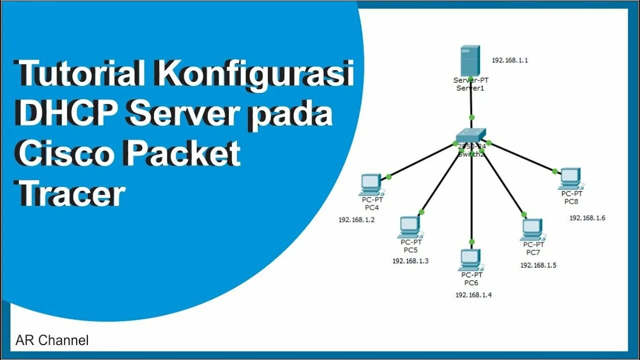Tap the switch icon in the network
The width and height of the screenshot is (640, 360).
tap(470, 135)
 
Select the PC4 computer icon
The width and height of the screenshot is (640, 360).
tap(371, 184)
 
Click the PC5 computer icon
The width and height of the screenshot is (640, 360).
tap(409, 227)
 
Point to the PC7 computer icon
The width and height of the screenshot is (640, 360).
tap(531, 229)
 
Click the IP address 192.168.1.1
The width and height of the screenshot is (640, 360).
tap(509, 60)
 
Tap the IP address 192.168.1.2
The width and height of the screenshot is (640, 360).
tap(356, 219)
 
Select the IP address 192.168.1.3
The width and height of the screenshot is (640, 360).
tap(410, 261)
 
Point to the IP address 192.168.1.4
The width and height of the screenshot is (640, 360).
tap(473, 295)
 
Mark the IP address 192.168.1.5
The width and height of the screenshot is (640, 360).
tap(538, 265)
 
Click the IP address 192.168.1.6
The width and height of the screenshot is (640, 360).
tap(587, 218)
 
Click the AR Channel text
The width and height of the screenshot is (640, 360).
tap(52, 340)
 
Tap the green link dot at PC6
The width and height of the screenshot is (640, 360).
tap(471, 241)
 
